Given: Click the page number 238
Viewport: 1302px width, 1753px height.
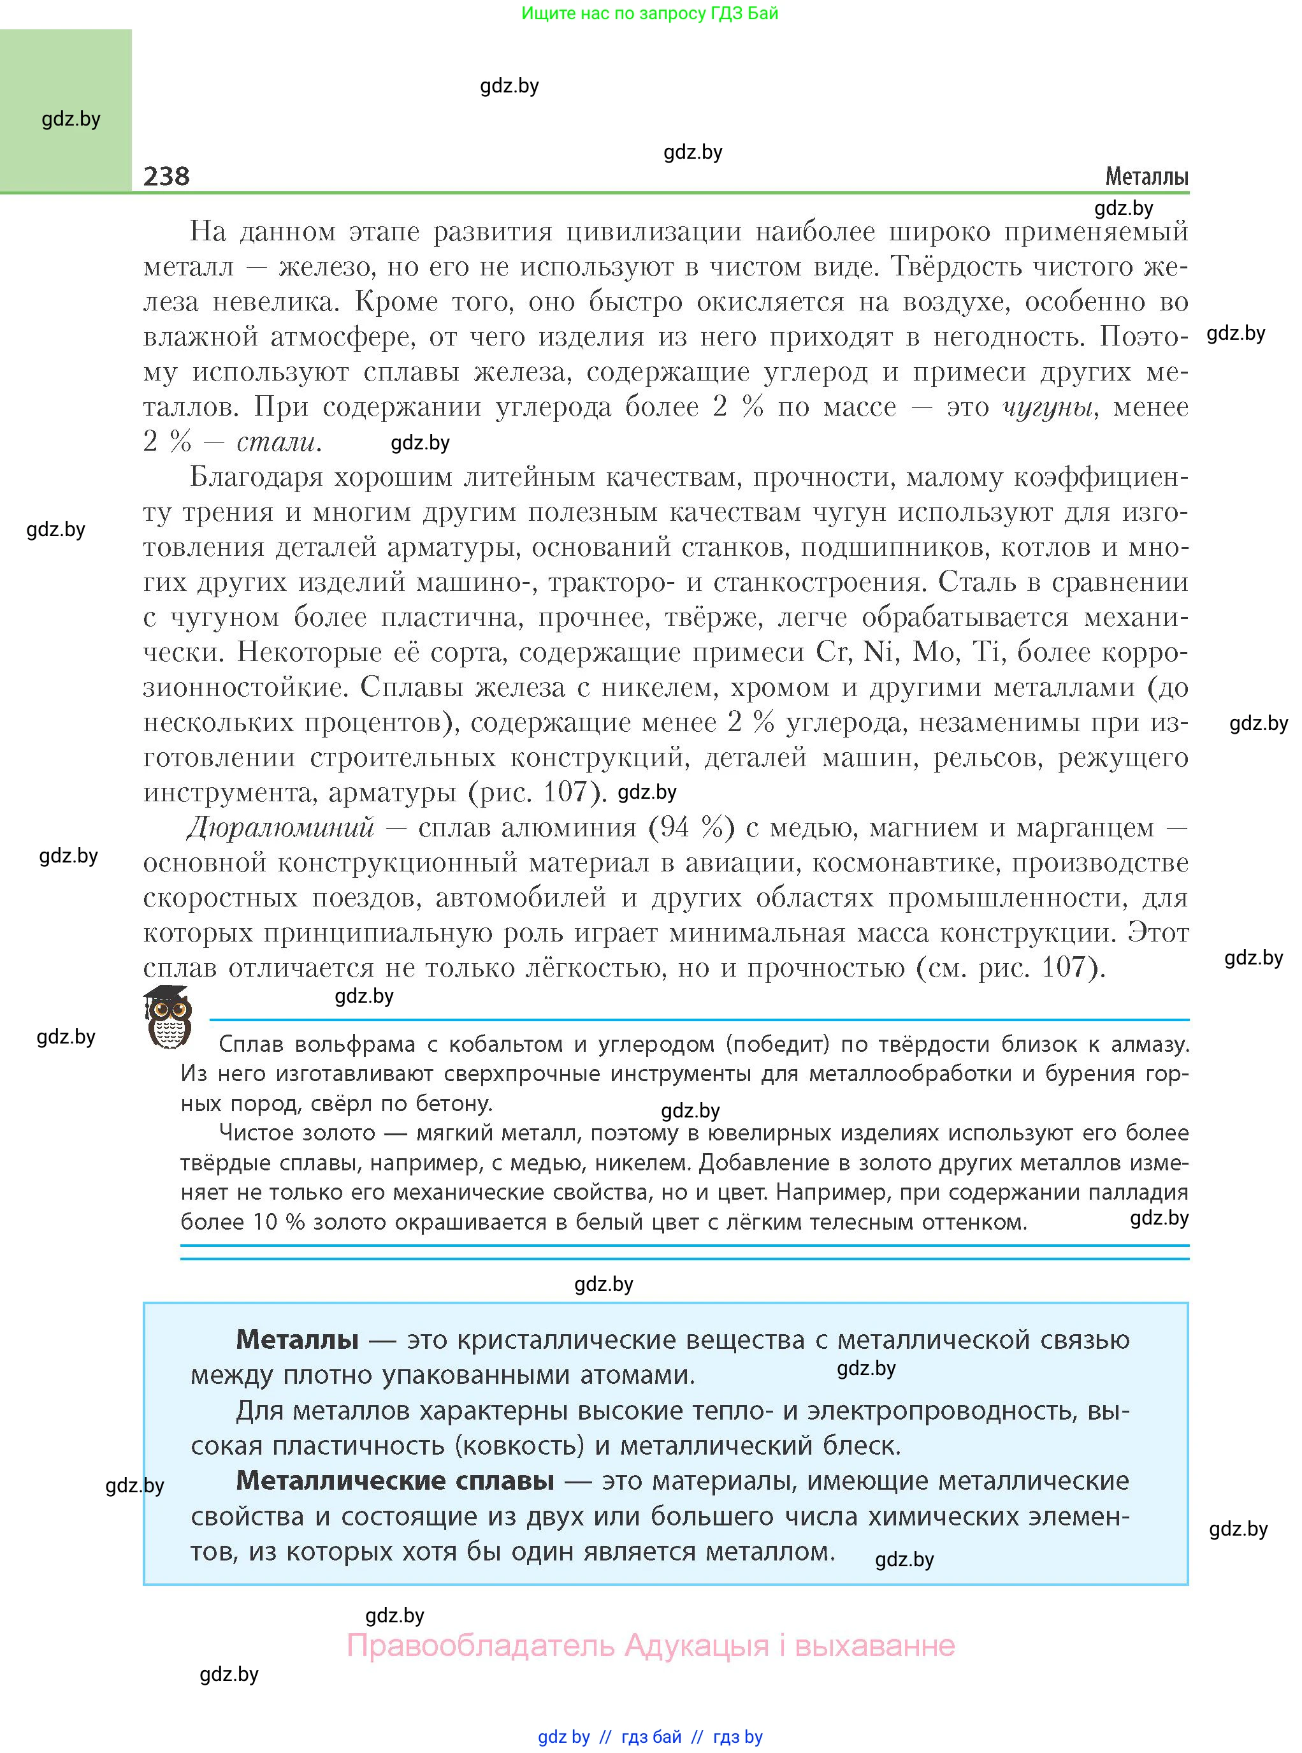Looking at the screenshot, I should [x=166, y=176].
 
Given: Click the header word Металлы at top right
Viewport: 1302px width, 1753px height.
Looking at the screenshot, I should [x=1146, y=177].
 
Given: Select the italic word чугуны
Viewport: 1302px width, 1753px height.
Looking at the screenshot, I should [x=1048, y=407].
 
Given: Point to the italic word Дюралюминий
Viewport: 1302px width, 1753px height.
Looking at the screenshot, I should [x=280, y=827].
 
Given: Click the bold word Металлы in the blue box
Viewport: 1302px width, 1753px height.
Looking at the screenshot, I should [x=297, y=1339].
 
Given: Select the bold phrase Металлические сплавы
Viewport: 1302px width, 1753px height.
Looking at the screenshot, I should [x=395, y=1480].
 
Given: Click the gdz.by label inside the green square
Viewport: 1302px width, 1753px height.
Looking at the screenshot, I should [x=71, y=119].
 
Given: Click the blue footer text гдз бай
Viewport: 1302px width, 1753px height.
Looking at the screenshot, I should [x=651, y=1736].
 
